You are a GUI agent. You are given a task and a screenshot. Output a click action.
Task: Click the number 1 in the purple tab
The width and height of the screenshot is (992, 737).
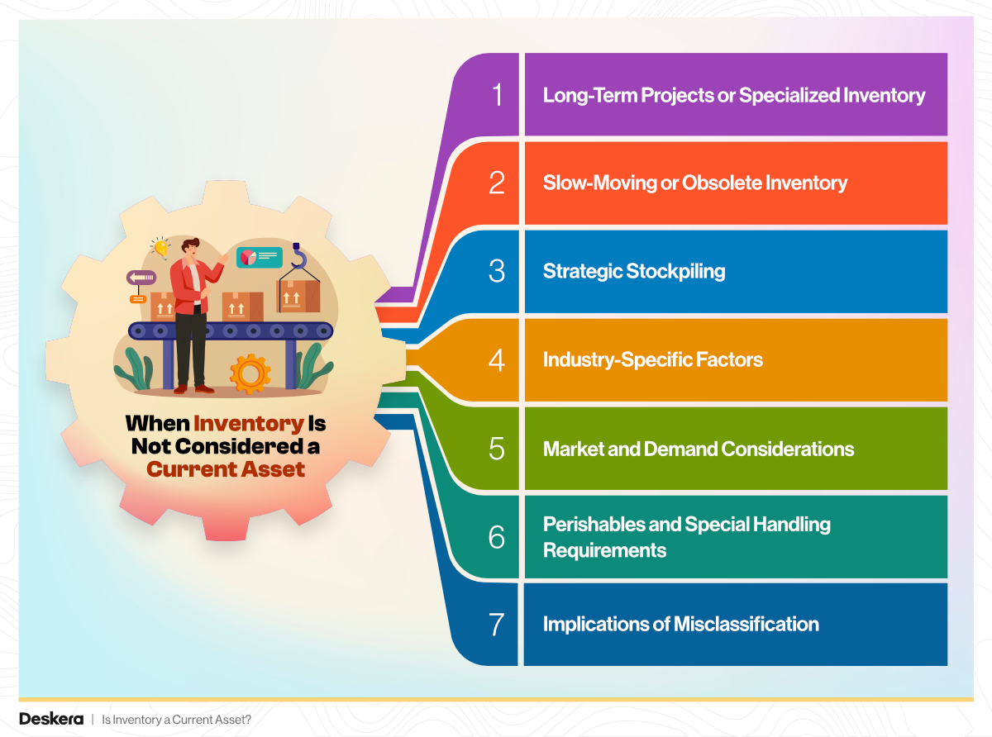point(497,95)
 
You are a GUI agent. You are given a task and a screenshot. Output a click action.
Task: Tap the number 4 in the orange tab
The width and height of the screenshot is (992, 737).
point(497,360)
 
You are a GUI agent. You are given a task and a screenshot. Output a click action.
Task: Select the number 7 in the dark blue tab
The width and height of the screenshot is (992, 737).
point(497,624)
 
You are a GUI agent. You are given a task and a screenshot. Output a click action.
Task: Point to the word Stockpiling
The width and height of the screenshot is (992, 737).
point(675,271)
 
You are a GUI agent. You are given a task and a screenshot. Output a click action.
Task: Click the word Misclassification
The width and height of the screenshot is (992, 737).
point(746,624)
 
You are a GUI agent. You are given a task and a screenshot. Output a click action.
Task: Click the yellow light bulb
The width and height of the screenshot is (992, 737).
point(160,247)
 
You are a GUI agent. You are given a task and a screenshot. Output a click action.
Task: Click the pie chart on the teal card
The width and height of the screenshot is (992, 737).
point(247,258)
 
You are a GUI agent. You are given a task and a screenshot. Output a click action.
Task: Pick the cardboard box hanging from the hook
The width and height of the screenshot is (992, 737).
point(298,295)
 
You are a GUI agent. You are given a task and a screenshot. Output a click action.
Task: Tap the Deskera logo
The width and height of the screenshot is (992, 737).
point(50,719)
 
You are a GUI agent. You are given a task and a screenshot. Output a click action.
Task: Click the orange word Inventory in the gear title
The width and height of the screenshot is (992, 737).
point(249,424)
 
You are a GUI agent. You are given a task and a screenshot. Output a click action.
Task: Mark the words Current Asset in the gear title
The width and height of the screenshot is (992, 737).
point(226,469)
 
